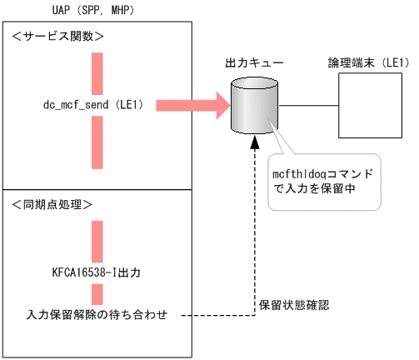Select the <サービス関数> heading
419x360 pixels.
coord(58,37)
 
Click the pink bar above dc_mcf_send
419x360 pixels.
coord(97,72)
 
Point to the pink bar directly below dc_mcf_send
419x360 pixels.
coord(97,142)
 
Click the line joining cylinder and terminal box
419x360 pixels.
coord(308,105)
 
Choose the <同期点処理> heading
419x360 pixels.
coord(58,205)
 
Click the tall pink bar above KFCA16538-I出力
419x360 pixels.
coord(97,242)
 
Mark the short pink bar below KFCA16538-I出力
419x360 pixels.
coord(97,293)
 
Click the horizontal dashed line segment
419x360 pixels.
coord(217,316)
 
